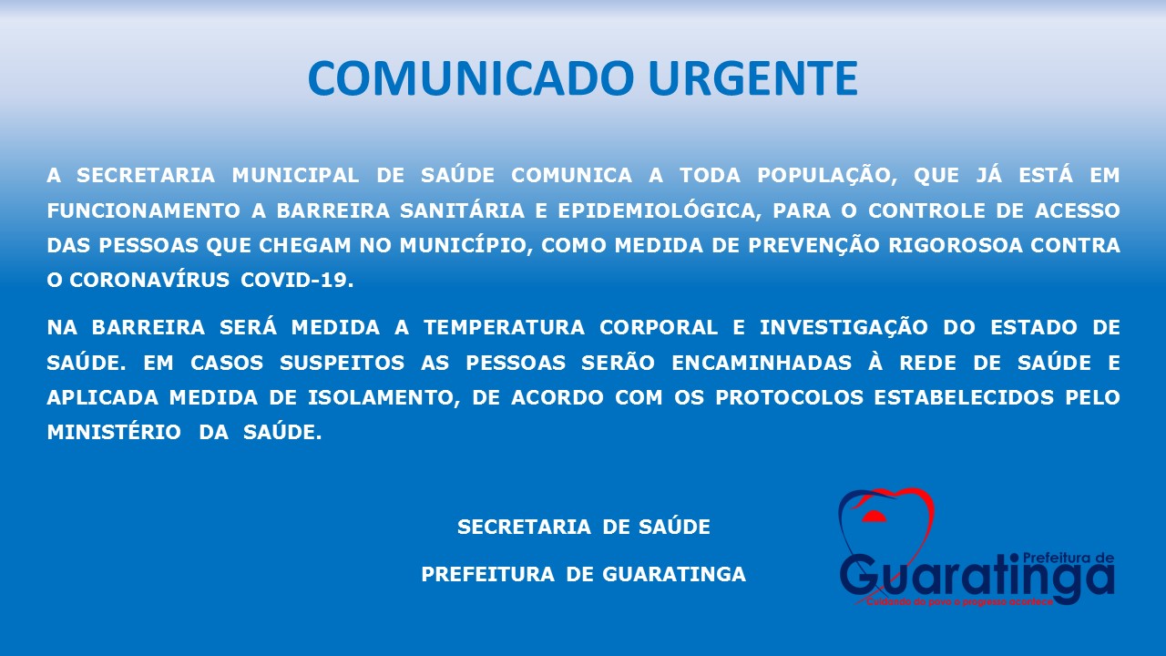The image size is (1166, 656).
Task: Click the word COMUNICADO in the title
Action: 471,78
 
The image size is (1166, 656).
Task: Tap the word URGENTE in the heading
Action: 753,78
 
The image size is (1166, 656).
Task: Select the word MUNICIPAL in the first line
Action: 295,176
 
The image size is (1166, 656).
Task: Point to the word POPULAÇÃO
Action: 827,176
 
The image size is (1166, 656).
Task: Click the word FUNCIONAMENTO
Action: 144,210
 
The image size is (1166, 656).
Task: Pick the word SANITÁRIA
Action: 462,210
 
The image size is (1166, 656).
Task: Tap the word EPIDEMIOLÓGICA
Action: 660,210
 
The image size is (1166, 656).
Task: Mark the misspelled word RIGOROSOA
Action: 956,246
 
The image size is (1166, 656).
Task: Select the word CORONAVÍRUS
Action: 149,280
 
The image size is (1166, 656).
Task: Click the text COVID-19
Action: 297,281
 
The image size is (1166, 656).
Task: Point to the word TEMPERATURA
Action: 504,328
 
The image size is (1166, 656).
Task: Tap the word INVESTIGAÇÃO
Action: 844,327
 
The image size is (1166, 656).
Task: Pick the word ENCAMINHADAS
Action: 762,363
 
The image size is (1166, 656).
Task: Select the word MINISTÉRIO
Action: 114,432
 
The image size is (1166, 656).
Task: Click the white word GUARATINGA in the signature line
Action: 674,575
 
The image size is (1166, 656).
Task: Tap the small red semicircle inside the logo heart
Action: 874,517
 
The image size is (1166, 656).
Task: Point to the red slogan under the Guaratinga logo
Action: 960,602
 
